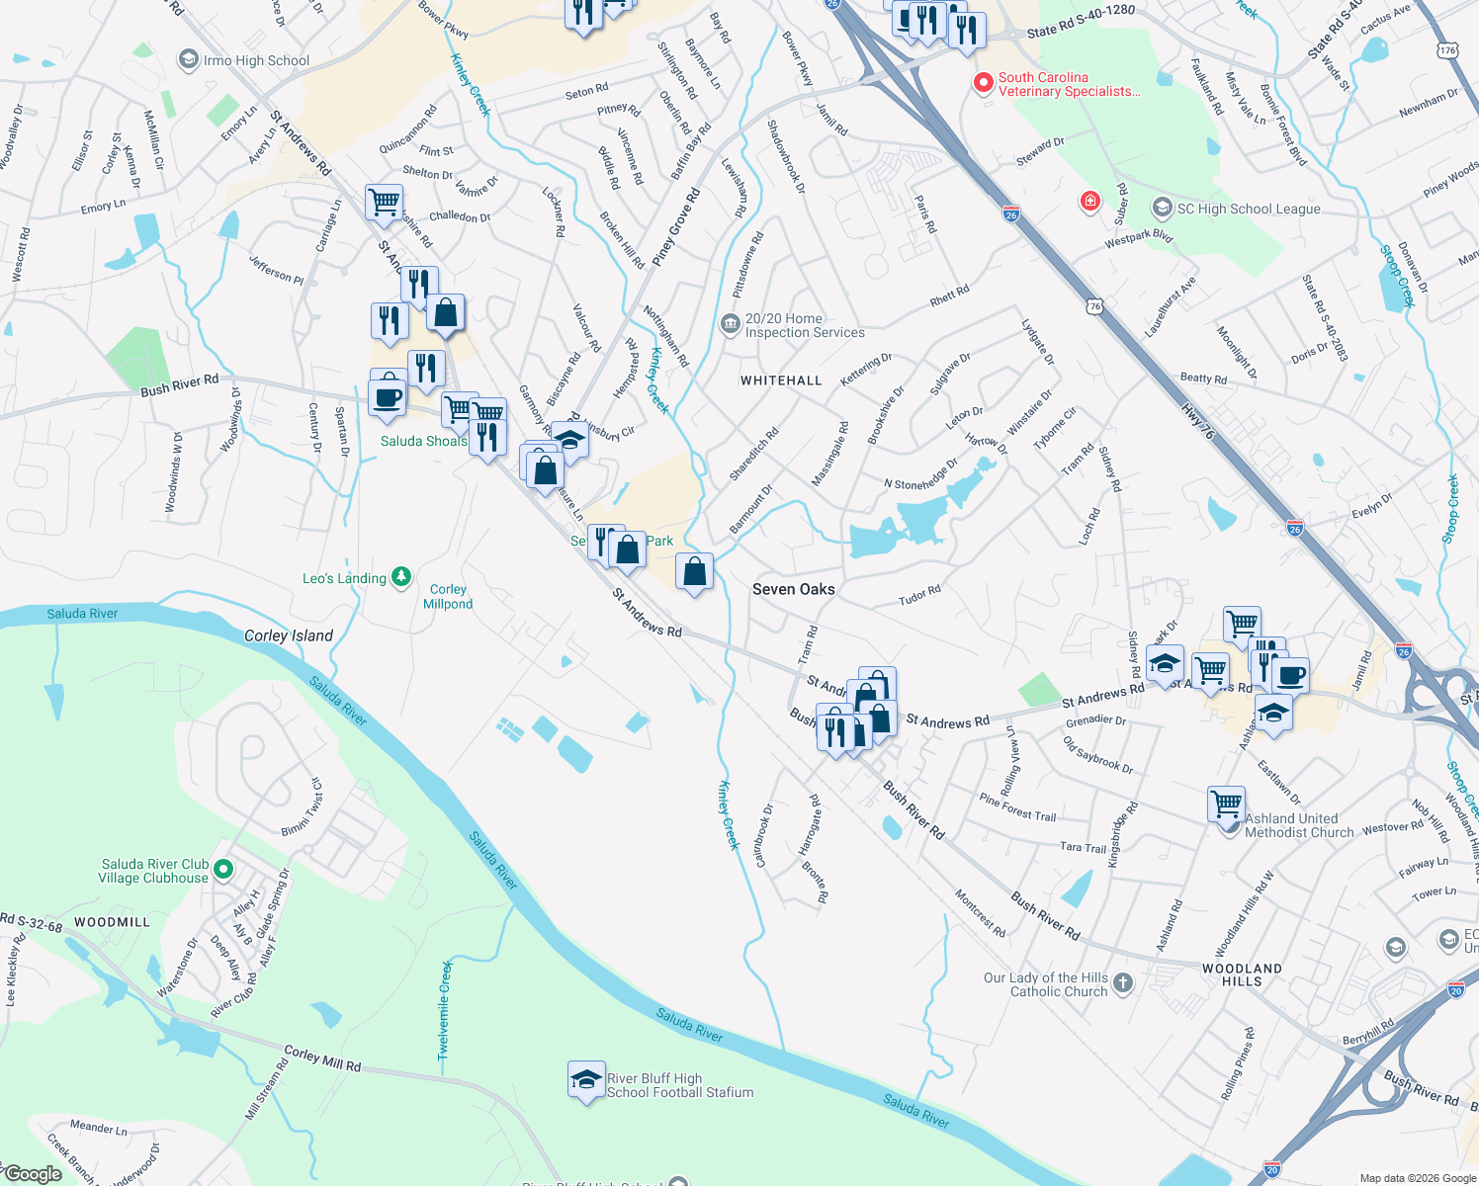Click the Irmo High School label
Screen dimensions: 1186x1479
[256, 60]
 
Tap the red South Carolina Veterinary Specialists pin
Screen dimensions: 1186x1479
[983, 84]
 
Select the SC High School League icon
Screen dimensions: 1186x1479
[1163, 208]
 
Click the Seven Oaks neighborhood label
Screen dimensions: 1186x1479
[793, 589]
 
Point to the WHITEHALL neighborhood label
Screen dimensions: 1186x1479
[781, 381]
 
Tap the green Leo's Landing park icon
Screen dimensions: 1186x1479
[400, 577]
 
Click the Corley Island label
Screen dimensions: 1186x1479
[289, 635]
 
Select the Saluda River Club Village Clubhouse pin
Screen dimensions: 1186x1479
[223, 870]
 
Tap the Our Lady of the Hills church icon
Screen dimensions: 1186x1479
[1122, 982]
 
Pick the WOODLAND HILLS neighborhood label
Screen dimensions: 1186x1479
[1242, 974]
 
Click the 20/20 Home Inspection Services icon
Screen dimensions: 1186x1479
[730, 324]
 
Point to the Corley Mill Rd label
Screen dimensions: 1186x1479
[322, 1059]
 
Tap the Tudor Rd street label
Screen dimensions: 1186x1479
[919, 595]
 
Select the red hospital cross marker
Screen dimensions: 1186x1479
[1089, 203]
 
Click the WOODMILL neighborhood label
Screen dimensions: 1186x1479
[112, 922]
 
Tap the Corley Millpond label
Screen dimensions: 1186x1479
[448, 596]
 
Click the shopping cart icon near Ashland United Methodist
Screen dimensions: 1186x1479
[1226, 803]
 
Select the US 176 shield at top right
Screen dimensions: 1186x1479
[1448, 50]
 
